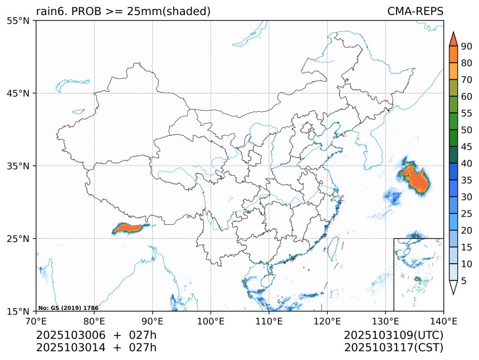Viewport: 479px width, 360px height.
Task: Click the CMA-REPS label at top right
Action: [415, 12]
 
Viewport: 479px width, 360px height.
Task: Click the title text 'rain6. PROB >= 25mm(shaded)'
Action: [123, 12]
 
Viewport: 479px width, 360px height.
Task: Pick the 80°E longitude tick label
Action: [94, 320]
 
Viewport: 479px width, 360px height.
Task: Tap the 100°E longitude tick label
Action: [211, 320]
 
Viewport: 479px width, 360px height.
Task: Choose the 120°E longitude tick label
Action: [327, 320]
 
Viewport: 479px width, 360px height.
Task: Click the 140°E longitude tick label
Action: [443, 320]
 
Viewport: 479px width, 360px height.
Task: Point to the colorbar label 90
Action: [466, 46]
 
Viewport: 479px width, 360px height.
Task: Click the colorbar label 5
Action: [464, 280]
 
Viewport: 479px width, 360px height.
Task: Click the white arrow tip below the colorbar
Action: [453, 288]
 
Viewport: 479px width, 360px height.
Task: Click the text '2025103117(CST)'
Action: [393, 348]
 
